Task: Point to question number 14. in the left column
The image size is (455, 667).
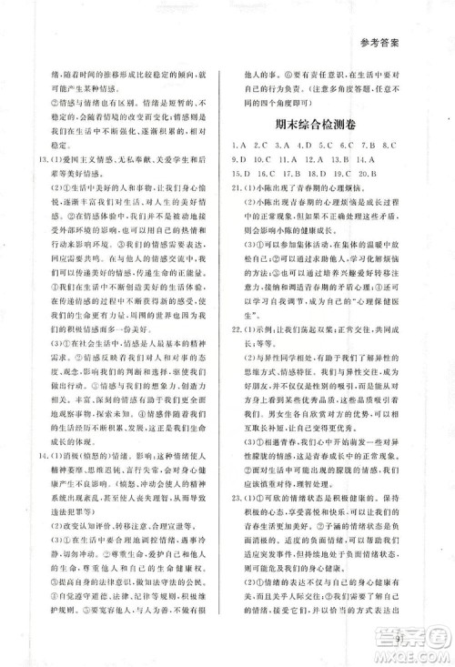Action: (x=35, y=475)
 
